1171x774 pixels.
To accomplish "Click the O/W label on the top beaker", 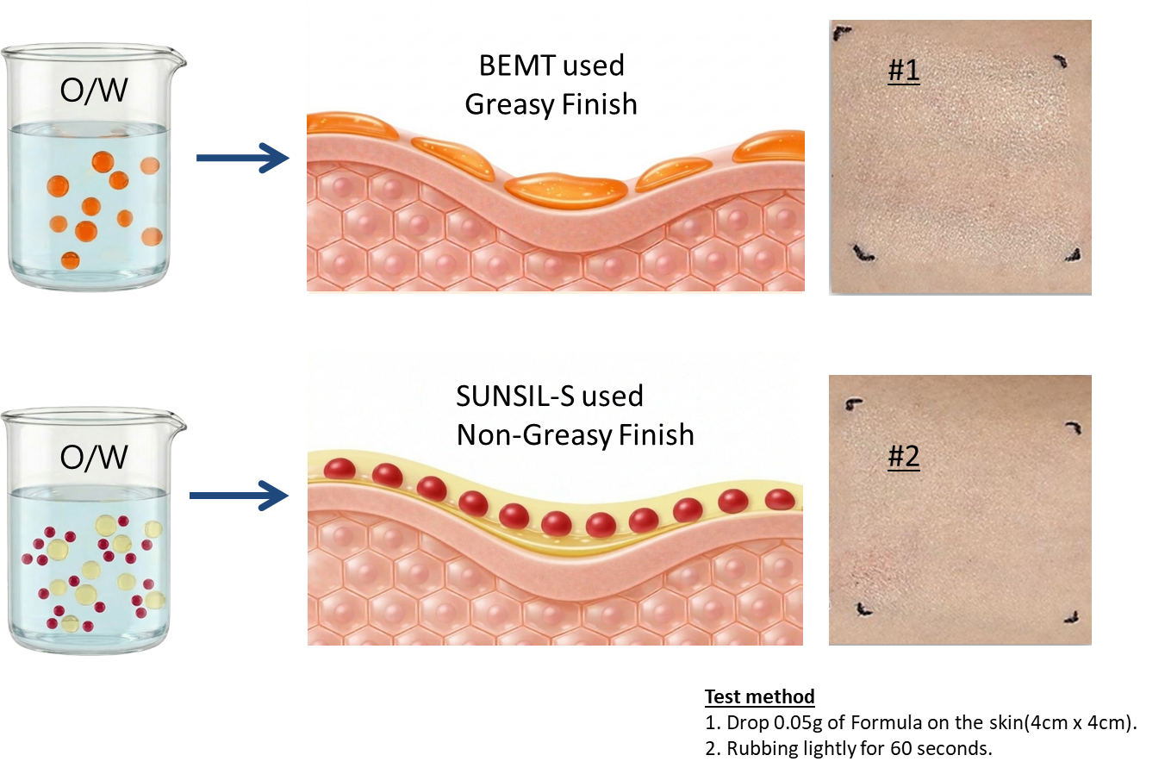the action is tap(94, 90).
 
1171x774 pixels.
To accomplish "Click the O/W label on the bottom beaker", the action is tap(94, 457).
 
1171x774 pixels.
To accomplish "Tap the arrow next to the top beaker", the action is tap(243, 158).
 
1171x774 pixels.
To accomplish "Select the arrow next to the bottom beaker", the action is tap(239, 496).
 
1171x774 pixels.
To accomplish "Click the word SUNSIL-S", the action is tap(515, 396).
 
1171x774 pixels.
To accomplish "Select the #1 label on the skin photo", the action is tap(903, 70).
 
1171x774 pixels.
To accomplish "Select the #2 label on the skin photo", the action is tap(903, 456).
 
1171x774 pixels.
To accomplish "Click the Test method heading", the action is tap(760, 696).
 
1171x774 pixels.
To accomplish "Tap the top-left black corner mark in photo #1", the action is tap(842, 34).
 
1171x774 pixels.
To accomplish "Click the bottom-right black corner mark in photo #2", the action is tap(1073, 618).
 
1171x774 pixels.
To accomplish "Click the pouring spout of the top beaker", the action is tap(177, 59).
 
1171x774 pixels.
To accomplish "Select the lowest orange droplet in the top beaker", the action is tap(70, 260).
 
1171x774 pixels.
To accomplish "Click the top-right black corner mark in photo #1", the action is tap(1061, 62).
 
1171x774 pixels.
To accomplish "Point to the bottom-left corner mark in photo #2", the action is tap(863, 609).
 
